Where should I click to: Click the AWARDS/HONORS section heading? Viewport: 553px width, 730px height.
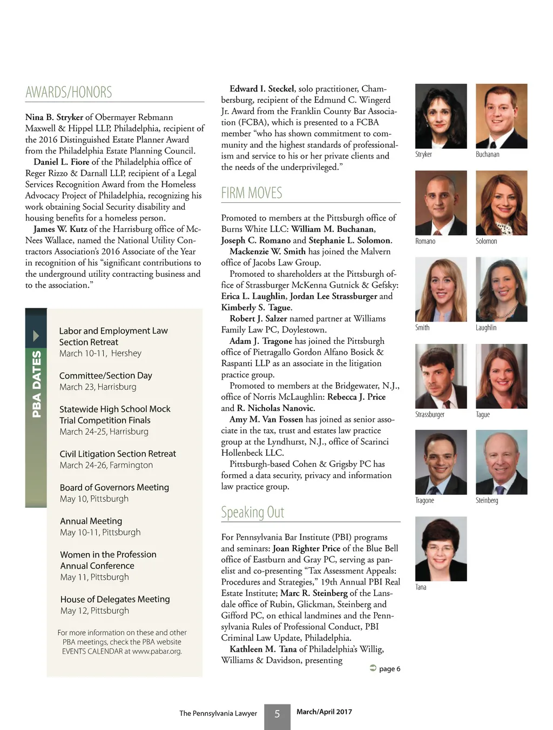(69, 92)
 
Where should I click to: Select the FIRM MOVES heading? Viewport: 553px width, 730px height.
(252, 193)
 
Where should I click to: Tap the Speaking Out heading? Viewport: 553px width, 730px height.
(252, 512)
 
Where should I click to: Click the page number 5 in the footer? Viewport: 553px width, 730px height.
(277, 714)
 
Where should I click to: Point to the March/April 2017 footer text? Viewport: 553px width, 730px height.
(324, 712)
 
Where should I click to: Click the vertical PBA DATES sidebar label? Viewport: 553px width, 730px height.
(36, 384)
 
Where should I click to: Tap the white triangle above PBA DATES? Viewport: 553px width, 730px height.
(36, 336)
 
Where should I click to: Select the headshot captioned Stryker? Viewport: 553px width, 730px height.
(441, 116)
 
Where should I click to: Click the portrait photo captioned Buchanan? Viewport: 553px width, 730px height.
(501, 116)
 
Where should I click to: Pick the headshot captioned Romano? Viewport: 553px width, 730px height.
(441, 203)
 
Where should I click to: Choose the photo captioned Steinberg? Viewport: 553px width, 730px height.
(501, 462)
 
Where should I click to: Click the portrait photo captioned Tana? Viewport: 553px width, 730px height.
(441, 548)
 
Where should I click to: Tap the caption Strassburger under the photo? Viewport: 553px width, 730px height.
(430, 415)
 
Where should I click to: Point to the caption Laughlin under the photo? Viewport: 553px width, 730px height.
(486, 328)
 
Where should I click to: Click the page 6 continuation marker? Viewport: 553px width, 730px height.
(385, 669)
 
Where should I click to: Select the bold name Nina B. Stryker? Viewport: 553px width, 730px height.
(54, 117)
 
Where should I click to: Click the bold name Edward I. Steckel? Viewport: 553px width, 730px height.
(262, 89)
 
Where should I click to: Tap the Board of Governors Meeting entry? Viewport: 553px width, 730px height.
(114, 487)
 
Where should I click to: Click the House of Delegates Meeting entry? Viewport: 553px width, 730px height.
(115, 599)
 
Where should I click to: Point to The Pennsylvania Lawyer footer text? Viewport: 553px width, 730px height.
(218, 713)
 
